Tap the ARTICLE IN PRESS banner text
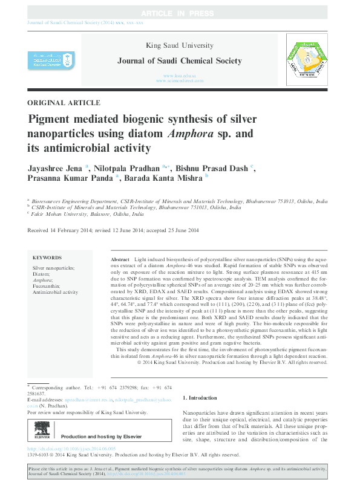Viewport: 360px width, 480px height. (x=180, y=13)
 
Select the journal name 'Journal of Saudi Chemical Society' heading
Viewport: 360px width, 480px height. (x=180, y=61)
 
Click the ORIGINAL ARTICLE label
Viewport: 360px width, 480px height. (x=64, y=103)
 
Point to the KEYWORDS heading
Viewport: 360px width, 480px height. (x=47, y=258)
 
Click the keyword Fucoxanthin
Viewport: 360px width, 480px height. (x=47, y=286)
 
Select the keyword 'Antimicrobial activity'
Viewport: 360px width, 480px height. (x=55, y=292)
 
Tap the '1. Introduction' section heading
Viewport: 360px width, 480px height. (x=200, y=398)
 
